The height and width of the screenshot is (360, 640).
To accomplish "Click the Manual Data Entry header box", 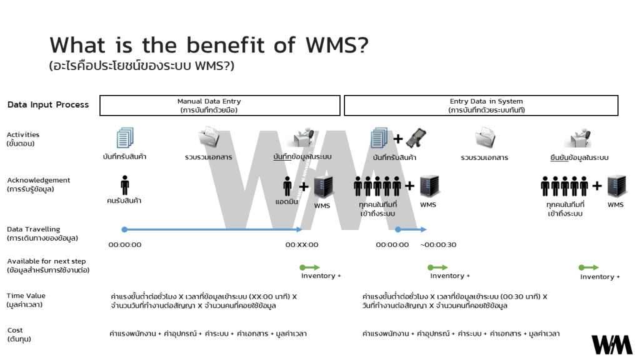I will coord(220,105).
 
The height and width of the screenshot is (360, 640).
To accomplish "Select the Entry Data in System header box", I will coord(481,105).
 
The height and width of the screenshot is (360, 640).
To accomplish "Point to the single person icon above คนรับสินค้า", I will coord(124,185).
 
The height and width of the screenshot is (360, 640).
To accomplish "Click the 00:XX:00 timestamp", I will coord(302,245).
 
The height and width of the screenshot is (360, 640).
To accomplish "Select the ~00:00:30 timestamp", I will coord(438,245).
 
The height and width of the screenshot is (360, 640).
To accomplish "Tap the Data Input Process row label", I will coord(48,105).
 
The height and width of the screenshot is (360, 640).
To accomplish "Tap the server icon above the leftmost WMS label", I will coord(322,187).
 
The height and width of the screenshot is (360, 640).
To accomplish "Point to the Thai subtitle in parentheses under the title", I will coord(142,66).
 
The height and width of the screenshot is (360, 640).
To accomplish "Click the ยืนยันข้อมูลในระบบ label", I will coord(579,157).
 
